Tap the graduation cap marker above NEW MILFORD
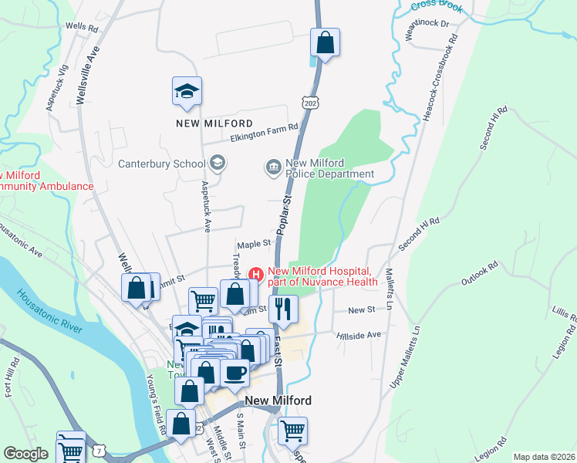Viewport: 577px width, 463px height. tap(187, 92)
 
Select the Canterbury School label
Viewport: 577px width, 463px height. tap(160, 163)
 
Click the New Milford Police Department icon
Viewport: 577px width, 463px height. tap(273, 167)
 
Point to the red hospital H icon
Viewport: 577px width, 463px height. tap(256, 274)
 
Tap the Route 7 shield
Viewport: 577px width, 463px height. tap(99, 450)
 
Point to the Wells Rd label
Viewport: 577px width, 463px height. tap(83, 26)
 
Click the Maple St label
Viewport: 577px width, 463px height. tap(255, 243)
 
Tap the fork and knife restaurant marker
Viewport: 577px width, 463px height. tap(283, 309)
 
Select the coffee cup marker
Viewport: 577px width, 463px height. tap(235, 372)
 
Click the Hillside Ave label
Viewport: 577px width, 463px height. tap(359, 336)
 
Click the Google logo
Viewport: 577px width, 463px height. tap(25, 454)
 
